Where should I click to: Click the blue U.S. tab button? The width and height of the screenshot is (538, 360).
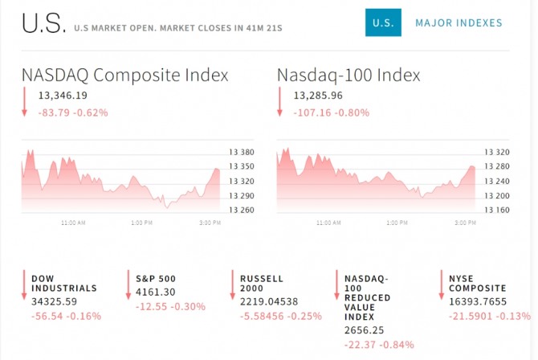[x=383, y=22]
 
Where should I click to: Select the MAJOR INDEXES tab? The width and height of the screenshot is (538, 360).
[x=459, y=22]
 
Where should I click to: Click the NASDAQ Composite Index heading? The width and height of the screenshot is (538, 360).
[x=125, y=76]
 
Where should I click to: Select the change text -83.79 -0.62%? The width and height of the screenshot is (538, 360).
[x=73, y=112]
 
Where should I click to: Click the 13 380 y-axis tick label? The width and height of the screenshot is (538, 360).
[x=242, y=151]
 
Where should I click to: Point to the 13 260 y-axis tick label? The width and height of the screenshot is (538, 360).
[x=242, y=211]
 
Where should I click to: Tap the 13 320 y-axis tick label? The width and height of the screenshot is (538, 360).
[x=497, y=151]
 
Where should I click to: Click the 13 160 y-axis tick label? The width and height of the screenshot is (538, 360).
[x=497, y=211]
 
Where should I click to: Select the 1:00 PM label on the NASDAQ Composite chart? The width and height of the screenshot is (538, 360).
[x=141, y=223]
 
